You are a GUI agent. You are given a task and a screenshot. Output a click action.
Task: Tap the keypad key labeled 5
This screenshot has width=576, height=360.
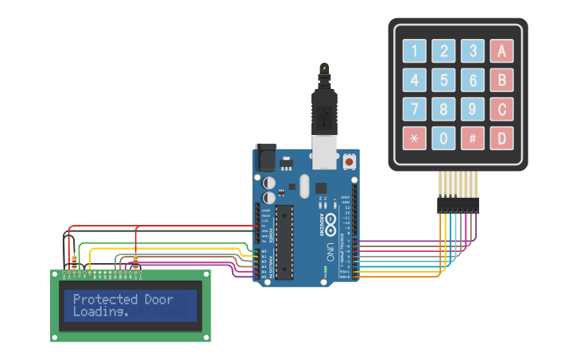(443, 80)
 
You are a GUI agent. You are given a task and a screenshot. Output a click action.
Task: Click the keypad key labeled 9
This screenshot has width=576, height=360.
(472, 109)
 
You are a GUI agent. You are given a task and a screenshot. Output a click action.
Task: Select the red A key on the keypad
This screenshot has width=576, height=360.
(501, 52)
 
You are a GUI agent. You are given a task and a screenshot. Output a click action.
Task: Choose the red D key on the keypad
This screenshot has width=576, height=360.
(501, 138)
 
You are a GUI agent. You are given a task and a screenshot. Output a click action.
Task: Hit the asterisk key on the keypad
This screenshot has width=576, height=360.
(414, 138)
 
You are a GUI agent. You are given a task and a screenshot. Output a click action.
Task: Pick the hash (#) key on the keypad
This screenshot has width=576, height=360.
(472, 138)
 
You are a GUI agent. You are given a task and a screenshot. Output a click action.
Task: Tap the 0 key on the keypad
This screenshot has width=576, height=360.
(443, 138)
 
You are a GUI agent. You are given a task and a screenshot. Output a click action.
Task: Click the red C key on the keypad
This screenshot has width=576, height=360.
(501, 109)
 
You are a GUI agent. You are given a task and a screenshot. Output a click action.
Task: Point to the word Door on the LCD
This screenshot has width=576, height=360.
(158, 300)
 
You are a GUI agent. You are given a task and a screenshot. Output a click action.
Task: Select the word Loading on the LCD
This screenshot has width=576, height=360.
(99, 312)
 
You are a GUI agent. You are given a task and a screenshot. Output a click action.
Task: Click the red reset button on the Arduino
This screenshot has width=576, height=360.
(349, 162)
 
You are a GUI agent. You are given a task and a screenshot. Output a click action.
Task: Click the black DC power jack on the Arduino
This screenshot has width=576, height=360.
(265, 157)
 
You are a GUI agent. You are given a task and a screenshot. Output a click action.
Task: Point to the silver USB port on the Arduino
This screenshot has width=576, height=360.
(323, 153)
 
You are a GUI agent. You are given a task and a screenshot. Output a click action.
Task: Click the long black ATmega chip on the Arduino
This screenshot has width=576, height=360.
(284, 243)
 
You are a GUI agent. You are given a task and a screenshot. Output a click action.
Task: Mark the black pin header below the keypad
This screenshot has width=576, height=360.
(458, 205)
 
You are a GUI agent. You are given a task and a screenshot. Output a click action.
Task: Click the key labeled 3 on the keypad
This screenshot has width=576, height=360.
(472, 52)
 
